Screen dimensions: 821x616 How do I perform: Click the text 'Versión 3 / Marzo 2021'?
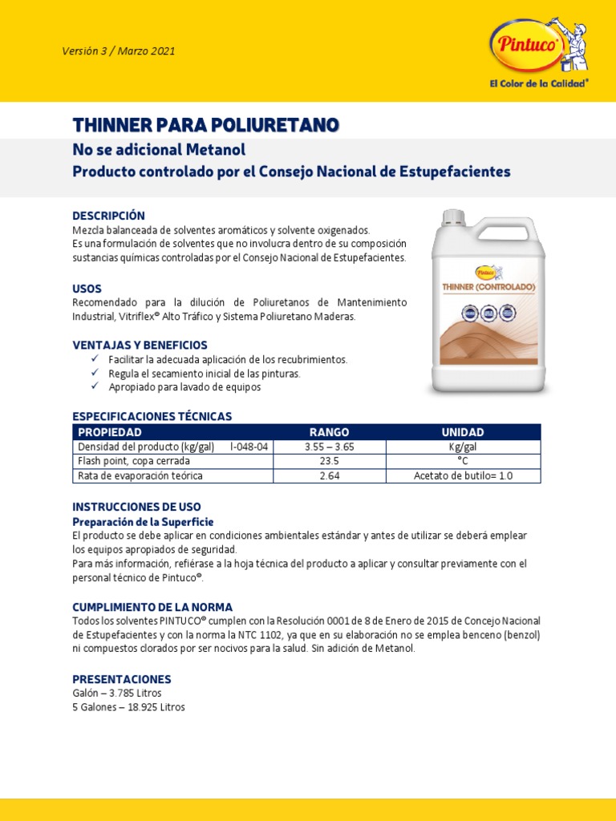[x=118, y=51]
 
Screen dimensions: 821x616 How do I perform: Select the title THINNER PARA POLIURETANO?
[x=205, y=124]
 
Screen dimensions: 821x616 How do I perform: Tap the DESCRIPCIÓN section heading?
[x=108, y=216]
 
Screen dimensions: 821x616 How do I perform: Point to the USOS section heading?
[x=87, y=288]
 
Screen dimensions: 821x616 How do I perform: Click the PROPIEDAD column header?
[x=109, y=432]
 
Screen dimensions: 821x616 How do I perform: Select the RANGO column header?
[x=329, y=432]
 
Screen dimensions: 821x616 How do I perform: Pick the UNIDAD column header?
[x=463, y=432]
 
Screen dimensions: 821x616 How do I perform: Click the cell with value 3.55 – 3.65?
[x=329, y=447]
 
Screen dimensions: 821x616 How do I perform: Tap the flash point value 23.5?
[x=329, y=461]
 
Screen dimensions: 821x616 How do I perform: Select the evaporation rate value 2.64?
[x=329, y=475]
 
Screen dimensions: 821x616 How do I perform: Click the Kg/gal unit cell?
[x=463, y=447]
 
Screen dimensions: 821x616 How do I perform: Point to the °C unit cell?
[x=463, y=461]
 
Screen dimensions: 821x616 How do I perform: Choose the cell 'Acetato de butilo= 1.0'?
[x=463, y=475]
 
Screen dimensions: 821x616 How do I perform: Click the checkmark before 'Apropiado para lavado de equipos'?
[x=94, y=386]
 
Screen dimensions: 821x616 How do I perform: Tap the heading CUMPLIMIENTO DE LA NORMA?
[x=152, y=607]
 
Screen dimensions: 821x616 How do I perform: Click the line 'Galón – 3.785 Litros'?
[x=117, y=693]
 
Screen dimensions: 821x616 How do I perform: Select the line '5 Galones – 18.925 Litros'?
[x=128, y=707]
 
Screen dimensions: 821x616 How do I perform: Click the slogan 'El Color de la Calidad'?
[x=539, y=83]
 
